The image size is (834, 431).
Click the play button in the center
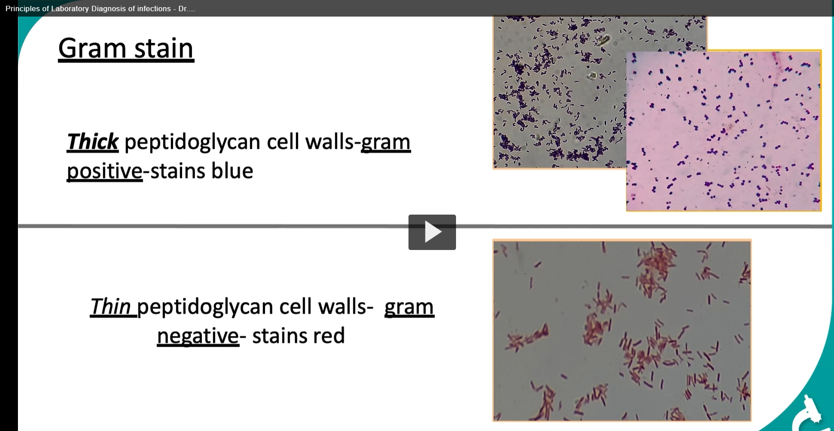pos(432,232)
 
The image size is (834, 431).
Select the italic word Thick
pos(92,142)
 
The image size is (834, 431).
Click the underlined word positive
pos(104,172)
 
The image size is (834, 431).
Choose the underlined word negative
pos(198,336)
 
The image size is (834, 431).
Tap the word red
pos(329,336)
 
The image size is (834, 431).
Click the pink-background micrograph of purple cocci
pos(724,130)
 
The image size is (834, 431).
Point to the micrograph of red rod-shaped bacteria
pos(622,331)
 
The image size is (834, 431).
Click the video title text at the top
pos(100,9)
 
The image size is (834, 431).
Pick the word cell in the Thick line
pos(284,142)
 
